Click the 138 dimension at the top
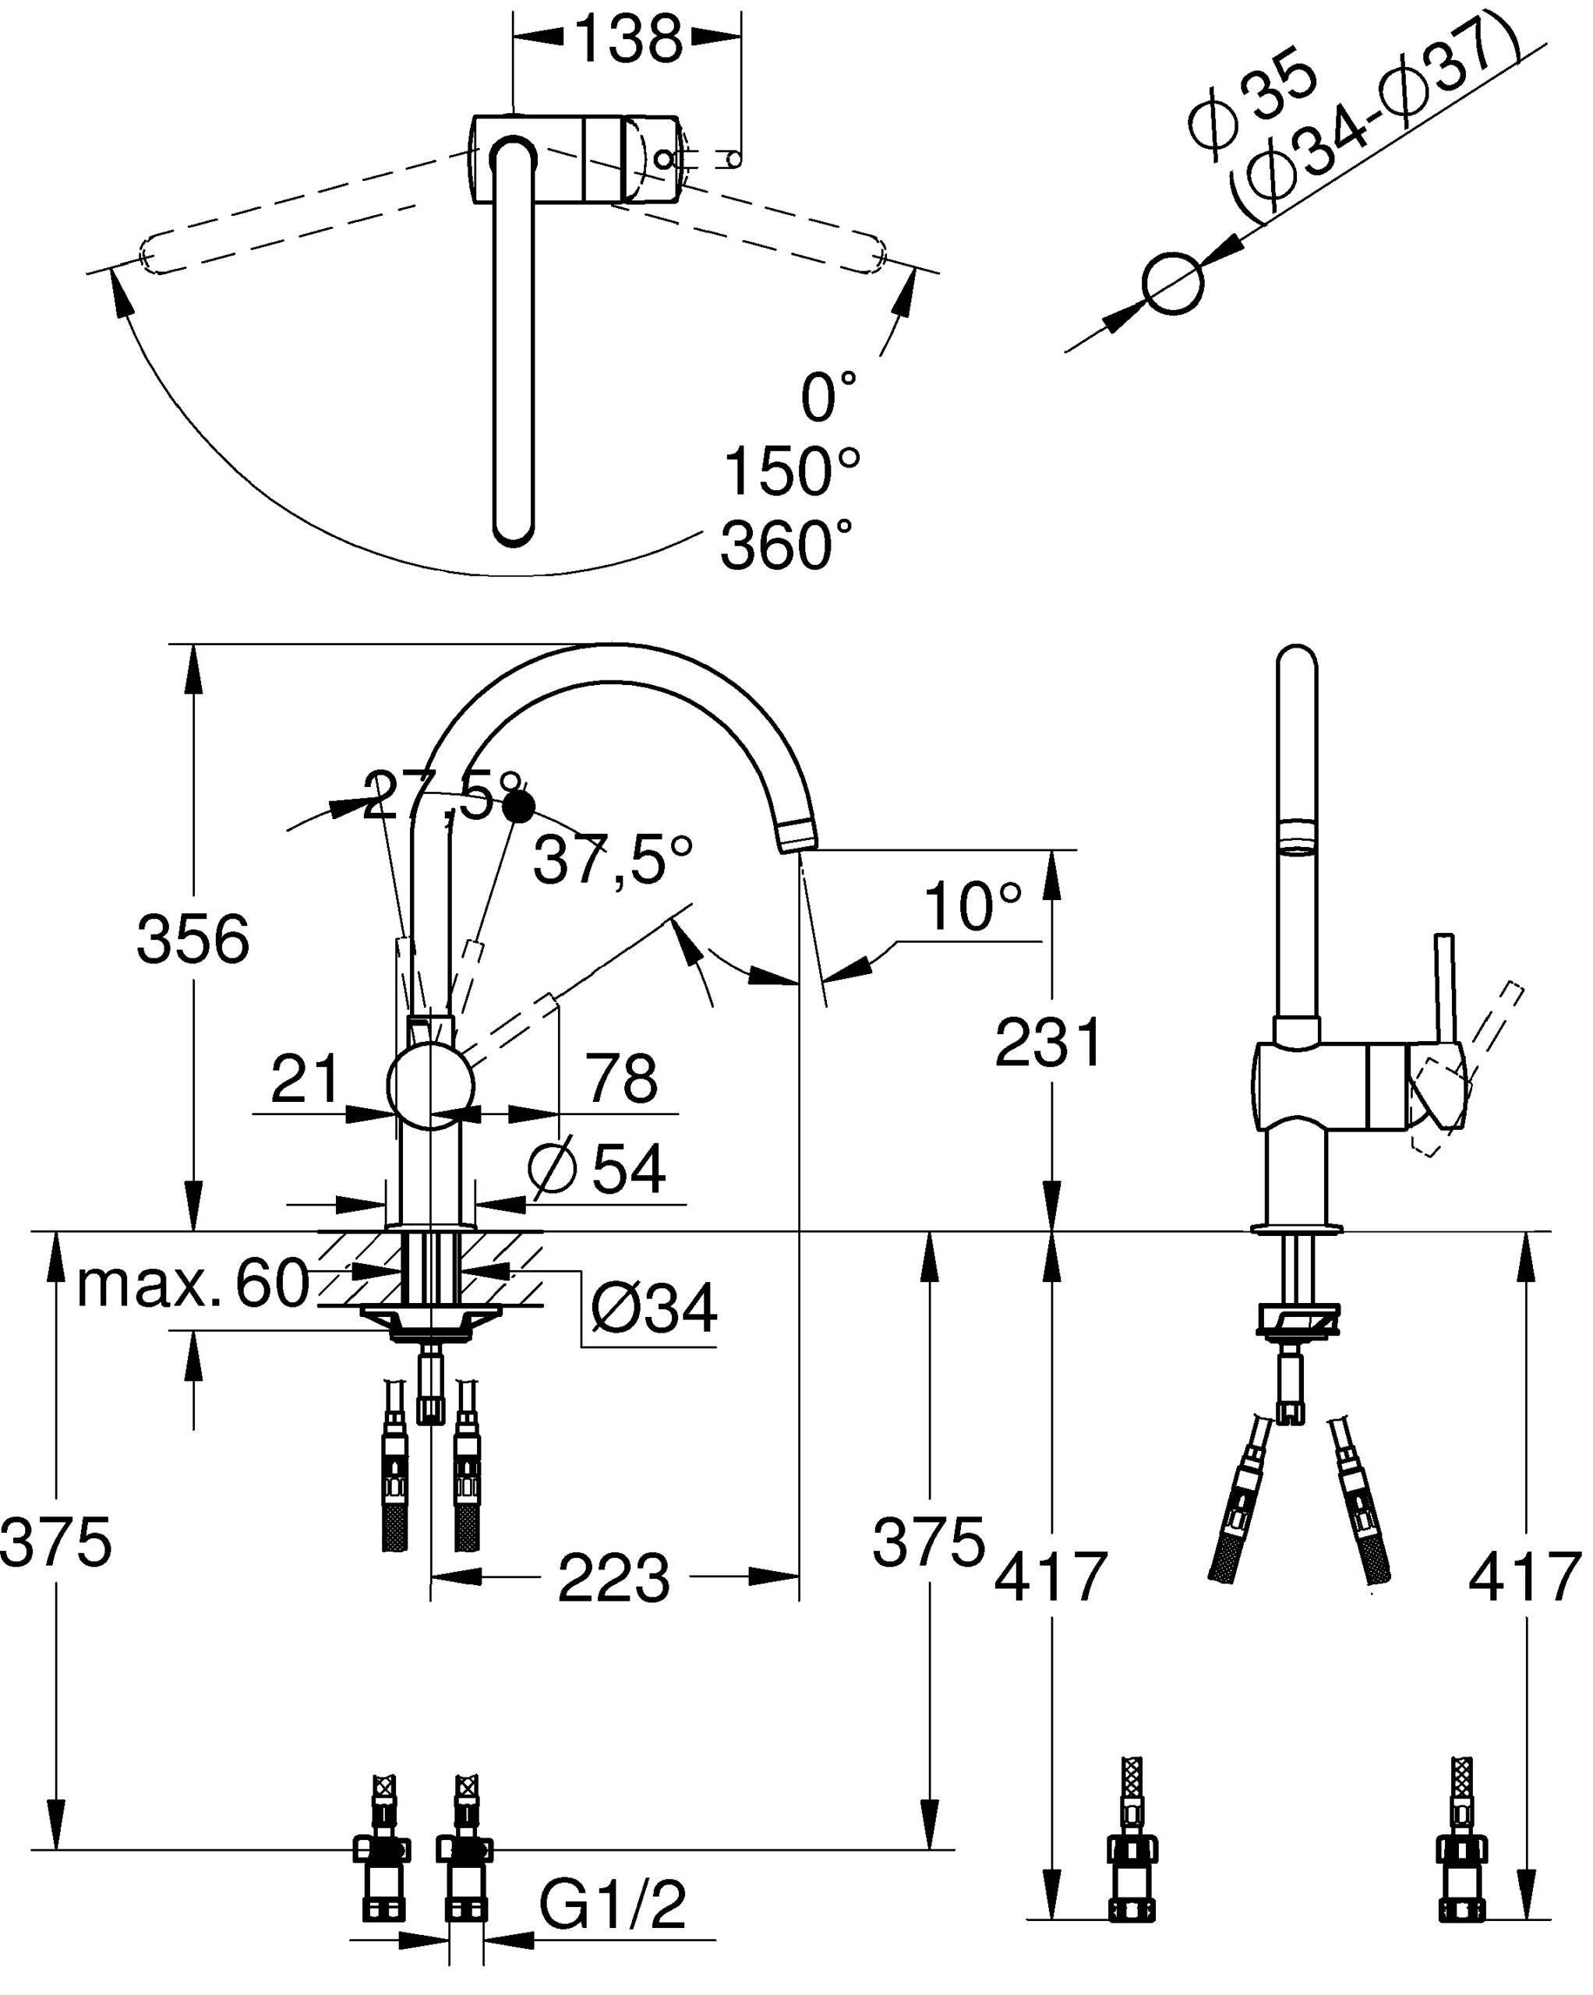(628, 40)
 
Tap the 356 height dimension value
(193, 939)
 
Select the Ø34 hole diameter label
(655, 1308)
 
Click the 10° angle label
(972, 907)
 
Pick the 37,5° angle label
(613, 860)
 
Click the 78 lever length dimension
(623, 1078)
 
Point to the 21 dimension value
(306, 1078)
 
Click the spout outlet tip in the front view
(797, 834)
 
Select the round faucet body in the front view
(429, 1086)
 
